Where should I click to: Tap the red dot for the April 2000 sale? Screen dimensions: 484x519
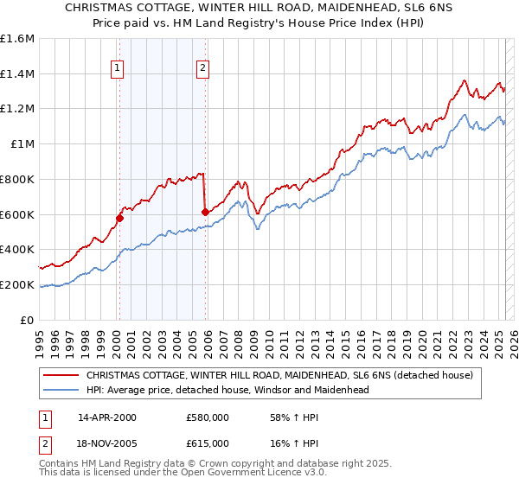point(119,218)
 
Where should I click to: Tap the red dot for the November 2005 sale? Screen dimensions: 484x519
point(205,212)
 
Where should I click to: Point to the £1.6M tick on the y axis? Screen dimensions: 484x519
point(17,39)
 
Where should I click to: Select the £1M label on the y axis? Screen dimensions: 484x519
point(22,144)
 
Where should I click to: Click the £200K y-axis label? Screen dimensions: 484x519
point(17,284)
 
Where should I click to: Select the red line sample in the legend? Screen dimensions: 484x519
point(61,376)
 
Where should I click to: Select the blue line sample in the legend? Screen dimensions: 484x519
point(61,390)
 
